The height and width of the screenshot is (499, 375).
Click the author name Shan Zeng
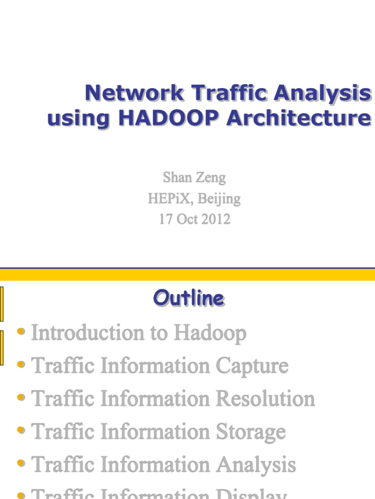[194, 177]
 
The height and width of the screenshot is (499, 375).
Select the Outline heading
[189, 298]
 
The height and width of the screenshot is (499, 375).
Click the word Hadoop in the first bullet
[210, 333]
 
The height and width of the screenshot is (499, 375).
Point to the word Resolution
[266, 399]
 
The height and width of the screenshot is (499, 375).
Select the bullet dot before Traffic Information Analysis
[21, 463]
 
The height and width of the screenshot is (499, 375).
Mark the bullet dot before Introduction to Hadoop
[21, 332]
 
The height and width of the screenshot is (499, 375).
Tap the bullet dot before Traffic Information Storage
[21, 430]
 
